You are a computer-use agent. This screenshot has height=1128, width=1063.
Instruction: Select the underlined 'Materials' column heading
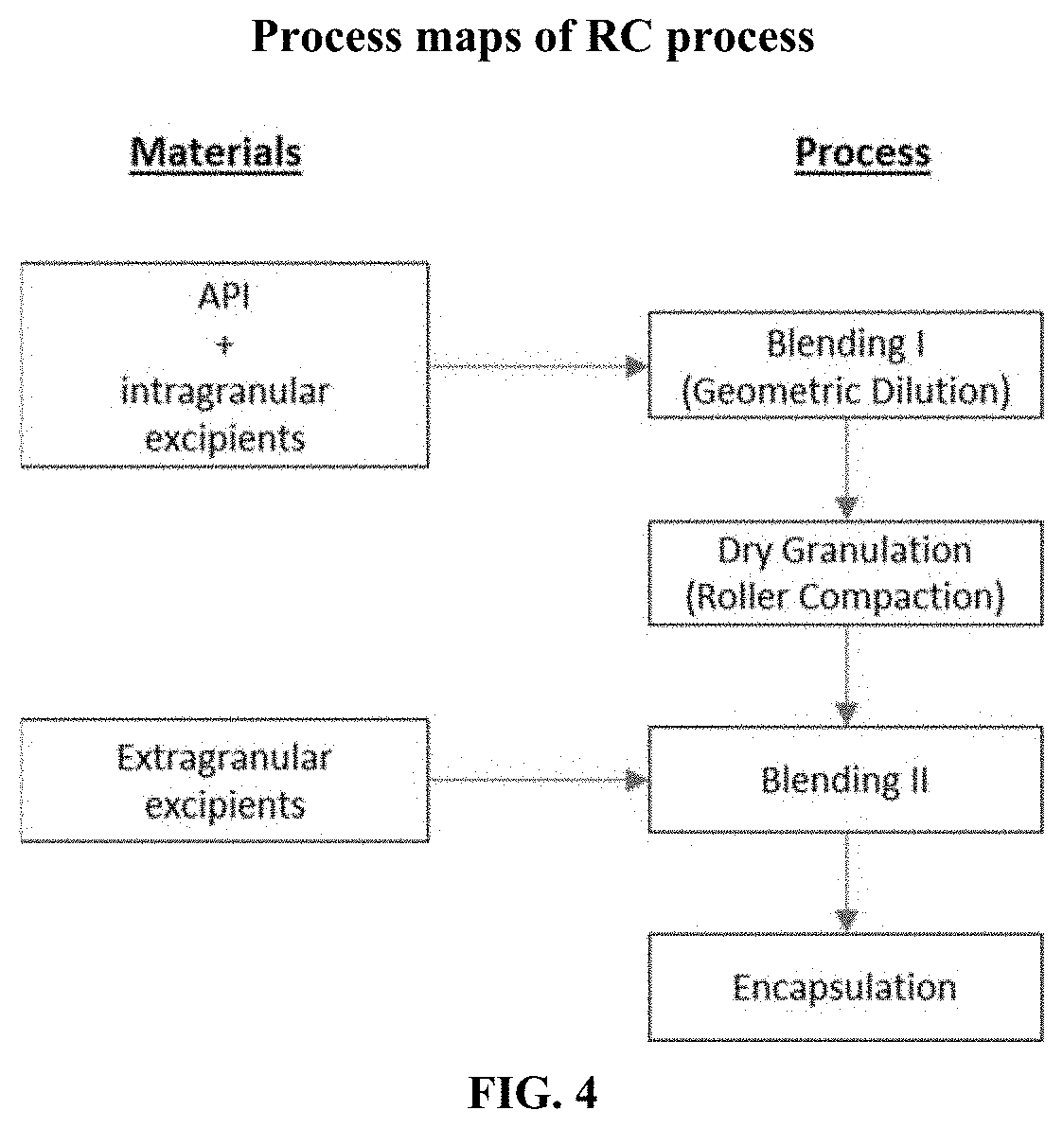(x=216, y=152)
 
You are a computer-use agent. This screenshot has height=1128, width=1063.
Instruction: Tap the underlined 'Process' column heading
(x=862, y=152)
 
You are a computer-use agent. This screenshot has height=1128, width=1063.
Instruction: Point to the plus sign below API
(x=225, y=345)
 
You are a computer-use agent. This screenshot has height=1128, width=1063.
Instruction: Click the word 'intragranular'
(x=225, y=392)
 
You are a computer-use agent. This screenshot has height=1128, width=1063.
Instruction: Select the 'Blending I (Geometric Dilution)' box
(x=845, y=364)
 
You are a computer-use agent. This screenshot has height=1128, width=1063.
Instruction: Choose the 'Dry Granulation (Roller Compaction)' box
(x=845, y=572)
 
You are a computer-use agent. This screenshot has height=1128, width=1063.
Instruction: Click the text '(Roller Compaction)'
(x=845, y=597)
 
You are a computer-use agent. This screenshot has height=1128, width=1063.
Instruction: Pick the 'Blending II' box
(x=845, y=779)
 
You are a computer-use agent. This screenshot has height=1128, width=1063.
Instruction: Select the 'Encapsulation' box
(x=845, y=987)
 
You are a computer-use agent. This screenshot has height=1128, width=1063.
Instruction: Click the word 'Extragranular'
(x=225, y=758)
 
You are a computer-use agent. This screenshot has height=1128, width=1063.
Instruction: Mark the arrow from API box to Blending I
(x=537, y=364)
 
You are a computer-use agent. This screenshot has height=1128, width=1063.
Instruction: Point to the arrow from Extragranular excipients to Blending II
(x=537, y=779)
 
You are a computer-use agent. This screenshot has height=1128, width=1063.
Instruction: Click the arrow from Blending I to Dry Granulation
(x=846, y=468)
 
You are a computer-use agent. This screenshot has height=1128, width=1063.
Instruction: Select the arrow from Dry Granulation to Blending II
(x=846, y=676)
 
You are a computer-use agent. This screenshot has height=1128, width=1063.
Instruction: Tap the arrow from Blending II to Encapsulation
(x=846, y=883)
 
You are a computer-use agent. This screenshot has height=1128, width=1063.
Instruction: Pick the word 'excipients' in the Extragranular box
(x=225, y=805)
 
